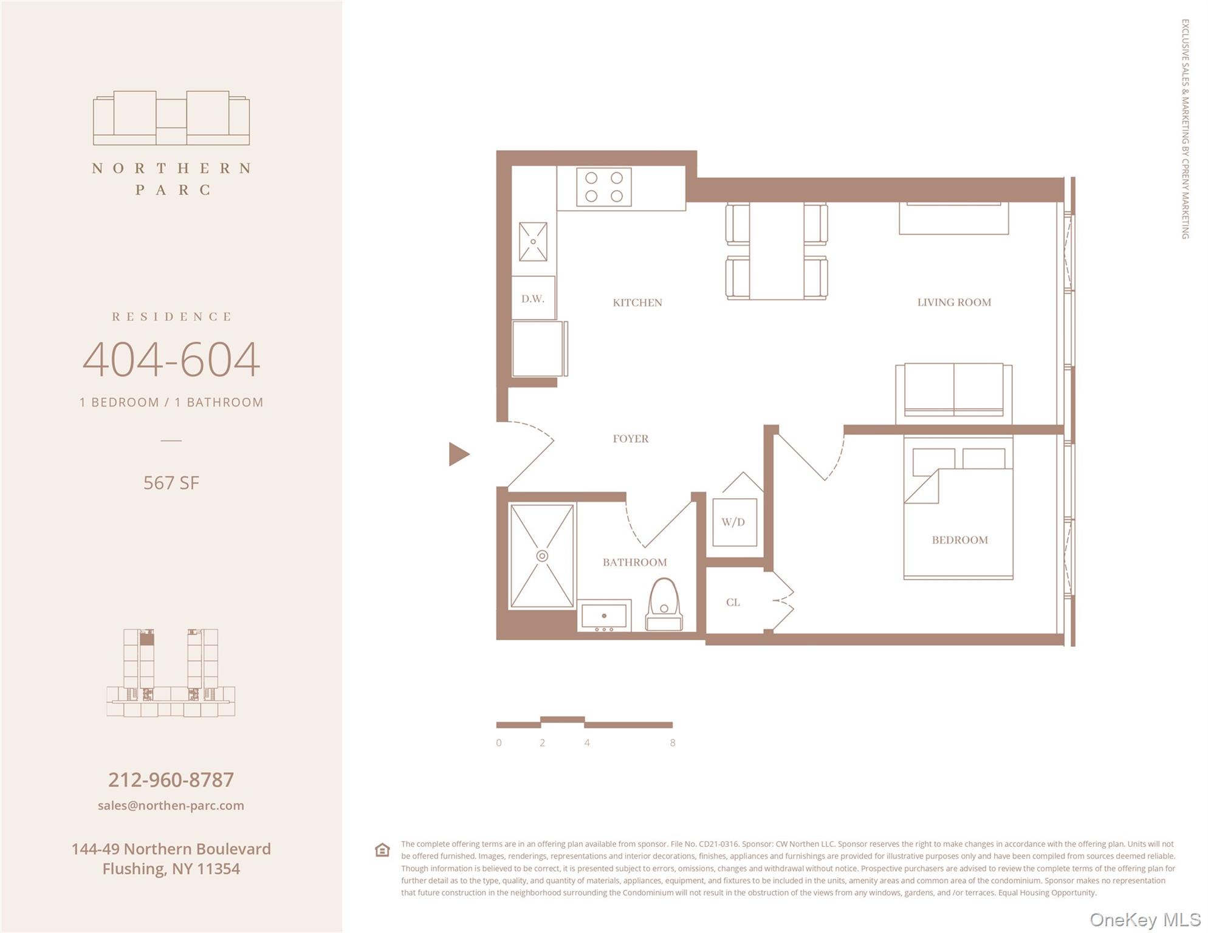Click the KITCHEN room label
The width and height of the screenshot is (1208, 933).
point(637,302)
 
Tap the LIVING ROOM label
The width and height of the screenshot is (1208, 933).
point(953,302)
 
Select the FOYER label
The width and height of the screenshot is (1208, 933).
point(630,439)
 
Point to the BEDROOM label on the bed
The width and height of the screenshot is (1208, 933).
point(959,540)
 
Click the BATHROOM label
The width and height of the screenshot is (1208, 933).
point(634,562)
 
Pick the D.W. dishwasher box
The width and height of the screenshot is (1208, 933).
point(533,298)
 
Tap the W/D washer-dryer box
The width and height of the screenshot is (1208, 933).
point(733,522)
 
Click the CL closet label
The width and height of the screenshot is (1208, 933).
point(733,603)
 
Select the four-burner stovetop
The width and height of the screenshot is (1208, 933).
point(603,187)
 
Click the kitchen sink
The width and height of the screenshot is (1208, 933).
point(533,242)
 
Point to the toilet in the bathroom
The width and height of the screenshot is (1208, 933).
point(664,604)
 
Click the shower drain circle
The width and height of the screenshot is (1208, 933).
point(542,556)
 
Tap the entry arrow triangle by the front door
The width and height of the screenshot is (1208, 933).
point(458,454)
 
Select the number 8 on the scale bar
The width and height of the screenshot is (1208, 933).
point(672,743)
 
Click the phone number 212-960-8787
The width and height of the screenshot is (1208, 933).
point(171,780)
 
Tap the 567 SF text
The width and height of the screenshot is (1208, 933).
point(171,483)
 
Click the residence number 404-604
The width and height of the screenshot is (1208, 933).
point(171,360)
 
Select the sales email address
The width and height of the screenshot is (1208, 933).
point(171,805)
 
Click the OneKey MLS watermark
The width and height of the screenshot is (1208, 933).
point(1144,920)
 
